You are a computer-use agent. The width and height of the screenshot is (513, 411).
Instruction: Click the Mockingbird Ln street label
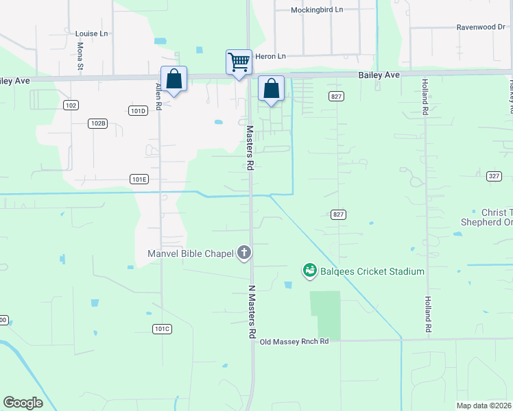point(316,10)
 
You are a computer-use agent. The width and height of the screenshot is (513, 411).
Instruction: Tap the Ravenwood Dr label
point(481,28)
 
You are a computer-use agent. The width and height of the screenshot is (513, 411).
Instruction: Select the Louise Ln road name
point(91,34)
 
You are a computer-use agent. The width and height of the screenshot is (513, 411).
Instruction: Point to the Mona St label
point(80,57)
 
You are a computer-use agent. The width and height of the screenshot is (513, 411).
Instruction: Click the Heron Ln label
point(270,56)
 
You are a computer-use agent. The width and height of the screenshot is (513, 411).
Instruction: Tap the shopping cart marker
point(239,62)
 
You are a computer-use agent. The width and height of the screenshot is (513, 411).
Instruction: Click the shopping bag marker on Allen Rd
point(174,79)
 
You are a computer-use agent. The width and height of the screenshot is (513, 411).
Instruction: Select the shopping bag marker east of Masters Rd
point(271,88)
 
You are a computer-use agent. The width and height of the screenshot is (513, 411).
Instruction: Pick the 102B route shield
point(98,123)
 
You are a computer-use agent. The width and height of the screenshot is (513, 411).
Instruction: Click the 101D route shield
point(138,110)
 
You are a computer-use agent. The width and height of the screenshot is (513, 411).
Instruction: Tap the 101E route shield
point(139,179)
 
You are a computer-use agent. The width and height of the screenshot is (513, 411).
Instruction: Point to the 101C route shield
point(162,329)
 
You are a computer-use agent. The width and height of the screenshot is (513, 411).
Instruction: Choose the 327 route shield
point(494,176)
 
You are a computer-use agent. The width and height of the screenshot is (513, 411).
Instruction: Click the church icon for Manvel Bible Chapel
point(243,253)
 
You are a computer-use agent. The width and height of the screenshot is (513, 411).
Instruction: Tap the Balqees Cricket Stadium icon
point(309,271)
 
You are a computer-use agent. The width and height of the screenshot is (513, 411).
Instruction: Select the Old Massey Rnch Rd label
point(294,341)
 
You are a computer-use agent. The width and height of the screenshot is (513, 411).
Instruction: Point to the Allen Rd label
point(158,97)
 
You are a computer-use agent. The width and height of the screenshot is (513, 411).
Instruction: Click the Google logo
point(23,403)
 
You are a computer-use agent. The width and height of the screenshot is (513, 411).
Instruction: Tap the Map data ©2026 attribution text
point(484,406)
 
